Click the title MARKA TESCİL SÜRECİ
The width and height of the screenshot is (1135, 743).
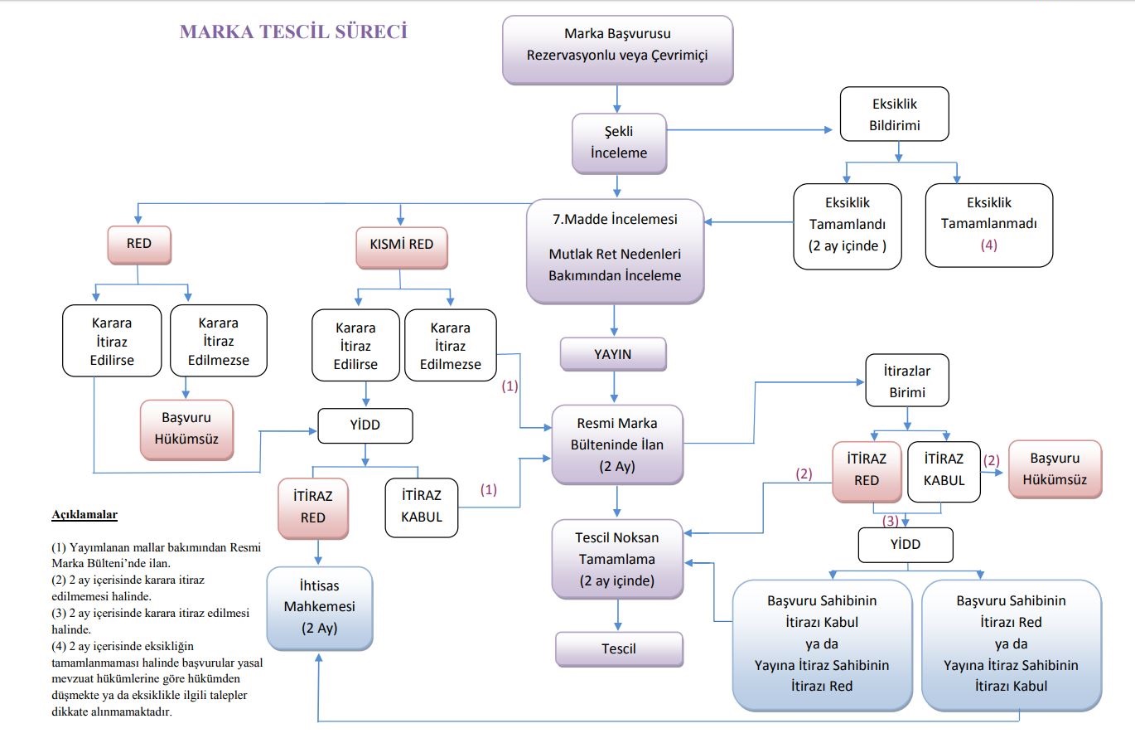(293, 32)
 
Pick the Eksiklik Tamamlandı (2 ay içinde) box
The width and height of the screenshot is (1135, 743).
(847, 225)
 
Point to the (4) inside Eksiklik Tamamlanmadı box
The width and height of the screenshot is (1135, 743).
(988, 245)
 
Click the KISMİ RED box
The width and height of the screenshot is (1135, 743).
(401, 245)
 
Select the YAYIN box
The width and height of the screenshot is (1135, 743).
(613, 354)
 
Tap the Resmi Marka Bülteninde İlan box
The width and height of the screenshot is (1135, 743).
(618, 444)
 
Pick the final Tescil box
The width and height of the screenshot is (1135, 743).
(619, 648)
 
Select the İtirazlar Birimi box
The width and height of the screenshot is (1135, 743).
(907, 381)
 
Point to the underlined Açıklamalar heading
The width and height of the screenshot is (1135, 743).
(85, 515)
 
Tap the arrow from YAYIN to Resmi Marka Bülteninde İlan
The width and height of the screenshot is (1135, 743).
(613, 386)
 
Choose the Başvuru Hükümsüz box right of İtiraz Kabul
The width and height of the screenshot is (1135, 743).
(1055, 469)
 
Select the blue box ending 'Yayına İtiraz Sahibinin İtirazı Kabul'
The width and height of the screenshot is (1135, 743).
(1011, 643)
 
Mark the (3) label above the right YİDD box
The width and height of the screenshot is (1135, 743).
(890, 521)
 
